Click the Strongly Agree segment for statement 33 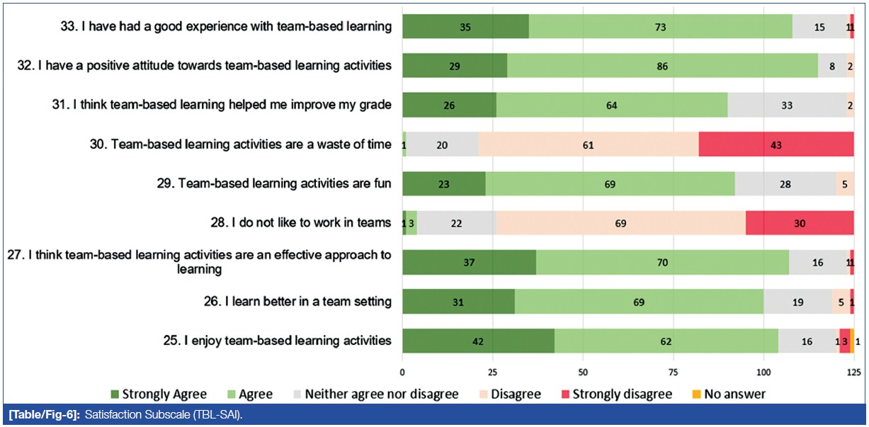coord(465,26)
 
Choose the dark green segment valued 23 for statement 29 coord(443,184)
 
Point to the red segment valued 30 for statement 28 coord(800,223)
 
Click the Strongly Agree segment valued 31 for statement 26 coord(458,302)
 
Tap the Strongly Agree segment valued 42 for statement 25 coord(478,341)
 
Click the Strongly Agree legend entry coord(159,394)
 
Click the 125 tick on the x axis coord(854,371)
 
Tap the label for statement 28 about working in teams coord(312,223)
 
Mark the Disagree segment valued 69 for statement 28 coord(620,223)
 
